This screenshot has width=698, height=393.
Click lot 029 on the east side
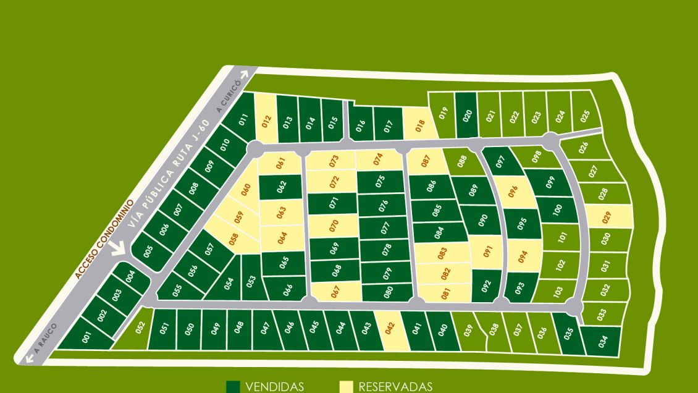[x=610, y=216]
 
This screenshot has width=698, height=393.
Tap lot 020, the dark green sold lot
[x=466, y=115]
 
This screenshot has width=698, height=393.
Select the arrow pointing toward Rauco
[x=28, y=358]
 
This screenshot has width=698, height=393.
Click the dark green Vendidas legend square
[x=233, y=387]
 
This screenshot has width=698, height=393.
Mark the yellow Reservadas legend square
[x=347, y=387]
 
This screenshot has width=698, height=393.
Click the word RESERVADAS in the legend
[x=395, y=387]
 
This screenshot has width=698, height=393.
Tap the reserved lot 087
[x=425, y=162]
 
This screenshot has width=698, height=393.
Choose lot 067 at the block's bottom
[x=336, y=291]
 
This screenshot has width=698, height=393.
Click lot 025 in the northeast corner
[x=585, y=115]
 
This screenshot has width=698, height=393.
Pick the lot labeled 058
[x=233, y=239]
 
